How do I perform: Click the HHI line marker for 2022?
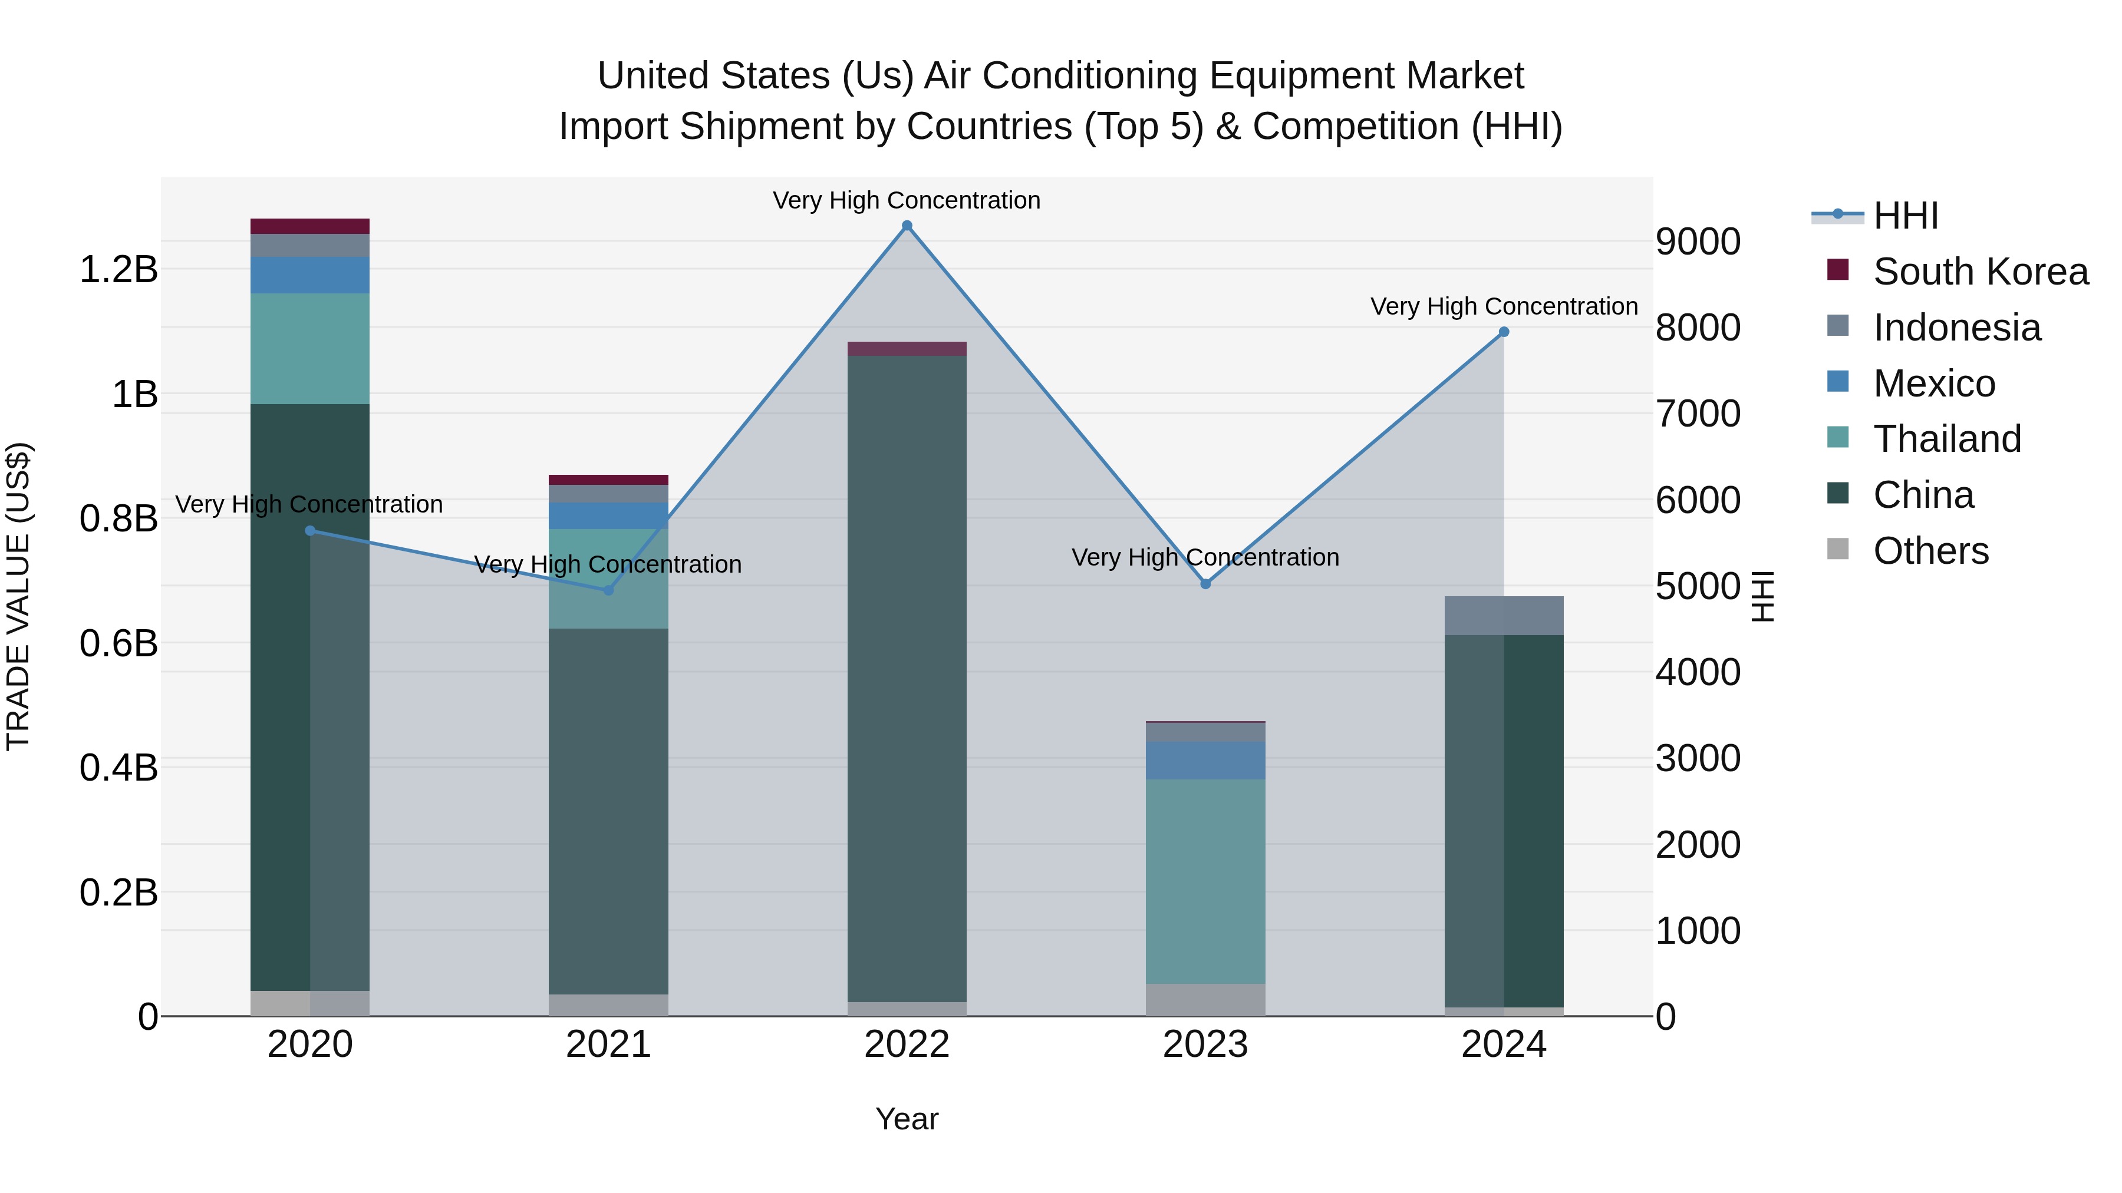(x=907, y=226)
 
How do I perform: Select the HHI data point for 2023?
(x=1205, y=584)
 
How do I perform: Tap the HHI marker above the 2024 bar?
(x=1503, y=332)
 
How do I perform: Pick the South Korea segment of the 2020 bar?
(x=309, y=226)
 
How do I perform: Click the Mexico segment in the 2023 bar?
(x=1205, y=760)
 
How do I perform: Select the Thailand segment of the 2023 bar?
(x=1205, y=881)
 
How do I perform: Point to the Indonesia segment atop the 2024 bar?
(x=1503, y=616)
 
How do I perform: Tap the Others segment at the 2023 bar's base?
(x=1205, y=1000)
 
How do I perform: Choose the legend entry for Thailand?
(x=1946, y=439)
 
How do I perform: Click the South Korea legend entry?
(x=1979, y=272)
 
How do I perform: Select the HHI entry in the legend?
(x=1905, y=216)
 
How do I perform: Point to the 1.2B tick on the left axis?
(x=118, y=269)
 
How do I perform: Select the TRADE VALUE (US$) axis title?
(x=18, y=596)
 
